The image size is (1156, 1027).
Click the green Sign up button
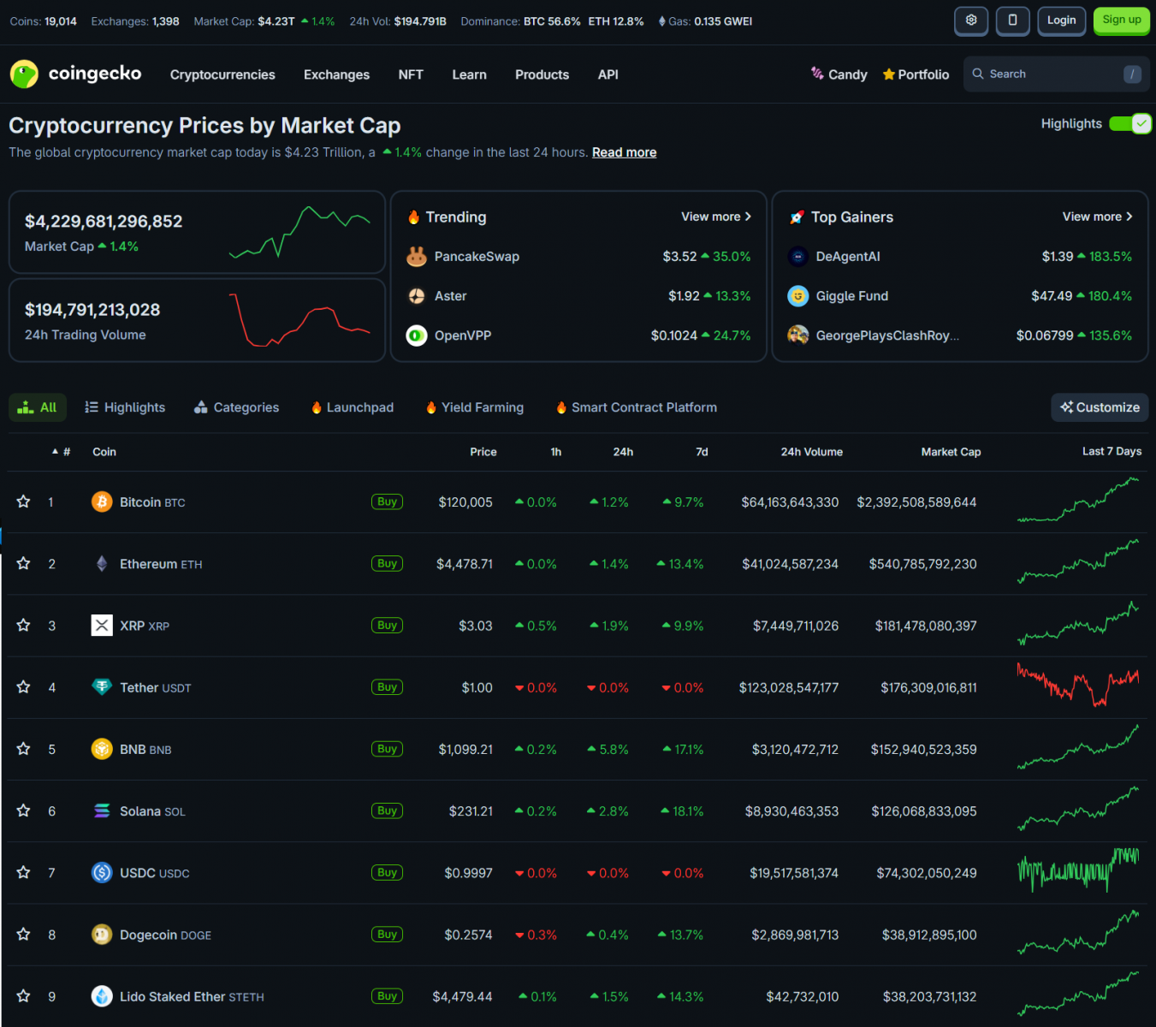(1121, 21)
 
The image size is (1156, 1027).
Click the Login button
(1061, 21)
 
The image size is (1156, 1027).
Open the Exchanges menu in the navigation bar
(336, 74)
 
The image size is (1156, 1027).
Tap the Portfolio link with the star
(916, 74)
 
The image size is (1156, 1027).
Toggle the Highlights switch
(1130, 124)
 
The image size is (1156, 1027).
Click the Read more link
(624, 152)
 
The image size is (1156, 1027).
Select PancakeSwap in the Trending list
(477, 257)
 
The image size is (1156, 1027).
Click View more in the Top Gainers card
(1097, 217)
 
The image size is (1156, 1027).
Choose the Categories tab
(237, 407)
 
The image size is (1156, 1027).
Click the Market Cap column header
(951, 452)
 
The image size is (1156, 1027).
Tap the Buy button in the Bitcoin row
(387, 502)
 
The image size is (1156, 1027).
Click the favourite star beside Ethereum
(24, 564)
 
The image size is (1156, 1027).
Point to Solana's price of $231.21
(471, 811)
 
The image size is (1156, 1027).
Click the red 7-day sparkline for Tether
(1077, 686)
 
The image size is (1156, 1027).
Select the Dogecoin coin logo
(102, 935)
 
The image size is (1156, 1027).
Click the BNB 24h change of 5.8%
(614, 750)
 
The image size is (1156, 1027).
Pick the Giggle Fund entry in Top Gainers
(851, 296)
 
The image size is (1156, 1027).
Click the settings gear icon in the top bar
(971, 21)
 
